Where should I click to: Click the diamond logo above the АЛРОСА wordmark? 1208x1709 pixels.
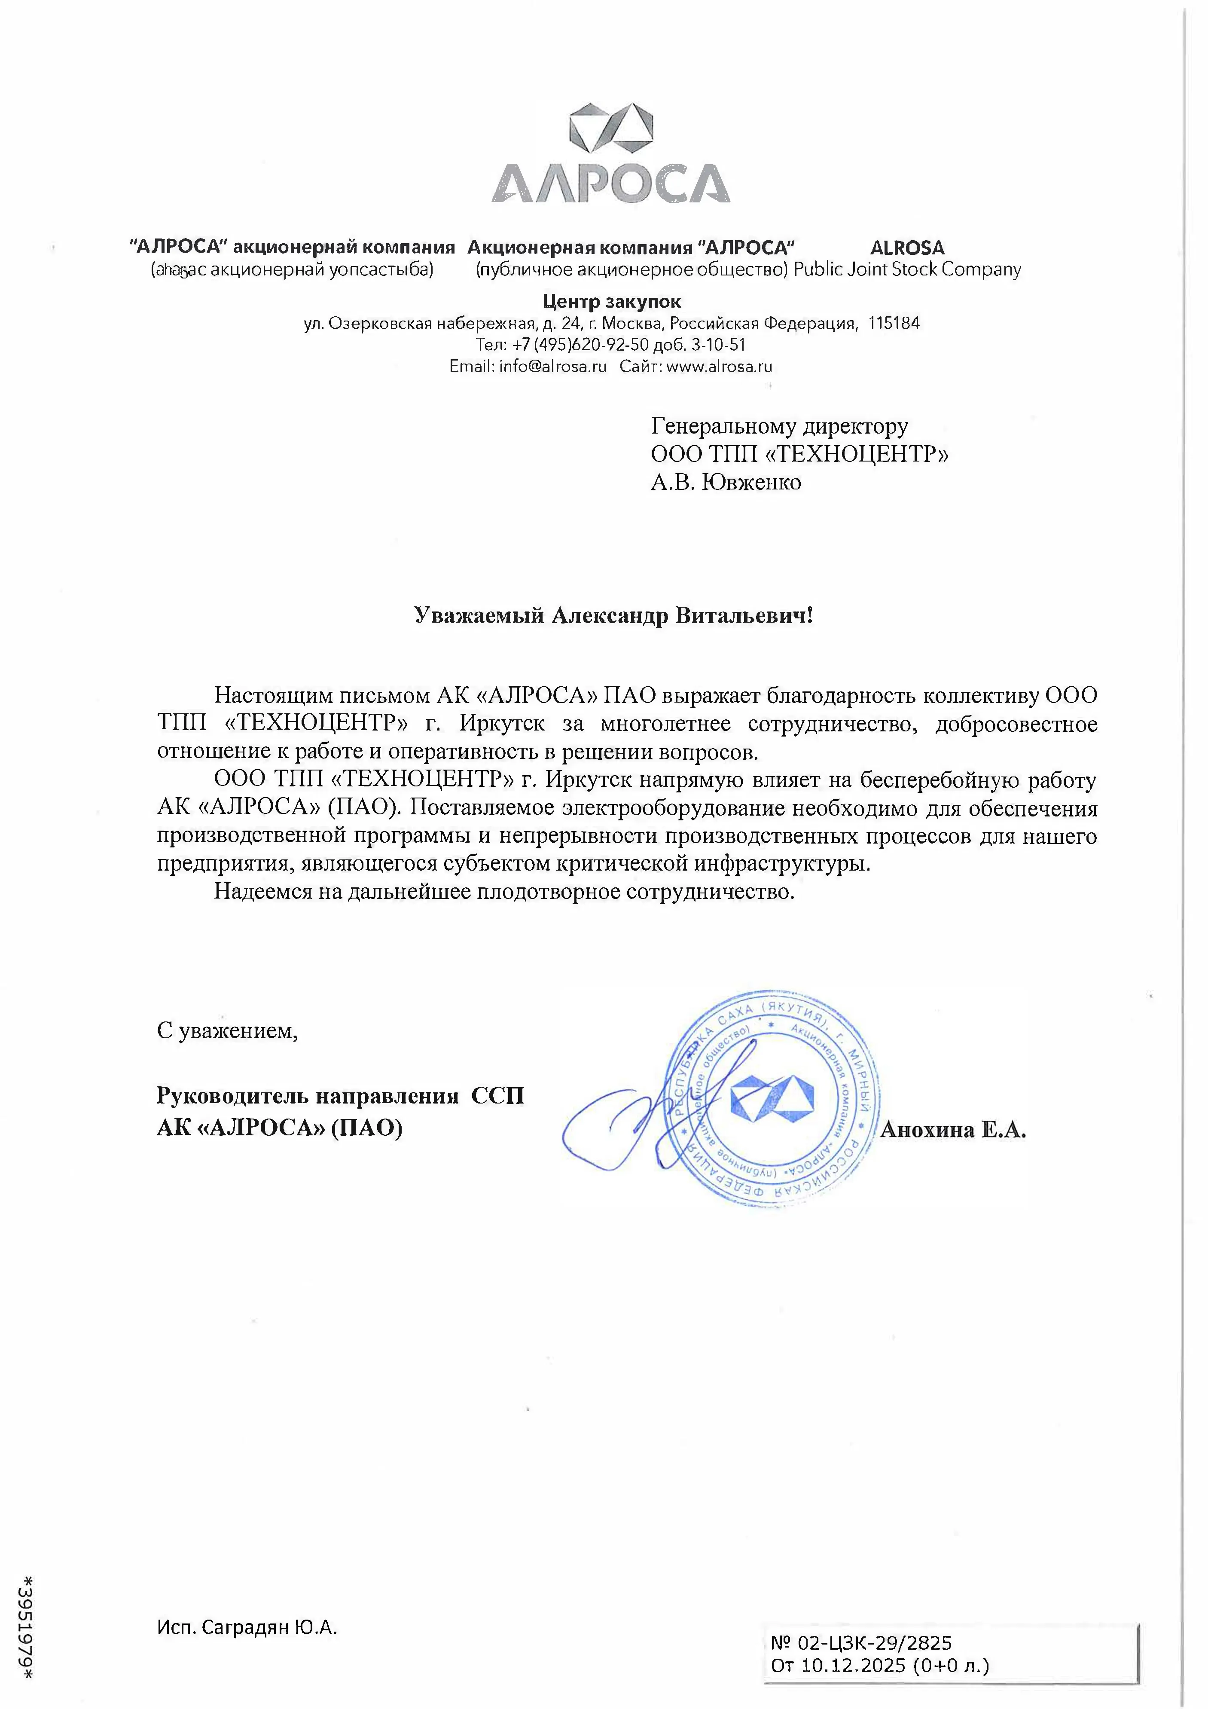[610, 134]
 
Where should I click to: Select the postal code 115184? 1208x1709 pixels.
[894, 324]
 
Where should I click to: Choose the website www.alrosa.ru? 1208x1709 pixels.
[719, 366]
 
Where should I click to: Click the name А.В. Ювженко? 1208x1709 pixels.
[726, 482]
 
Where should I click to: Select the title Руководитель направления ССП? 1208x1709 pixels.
[340, 1096]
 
